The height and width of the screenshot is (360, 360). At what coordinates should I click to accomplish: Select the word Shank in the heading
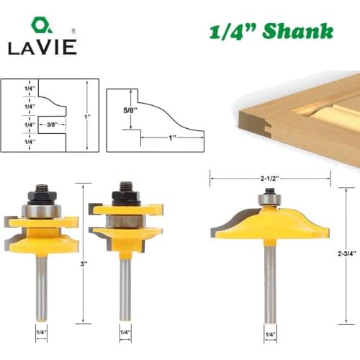(300, 32)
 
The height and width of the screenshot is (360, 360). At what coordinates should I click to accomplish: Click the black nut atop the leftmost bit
(42, 193)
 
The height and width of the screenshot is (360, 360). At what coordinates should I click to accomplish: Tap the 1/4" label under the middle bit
(125, 333)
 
